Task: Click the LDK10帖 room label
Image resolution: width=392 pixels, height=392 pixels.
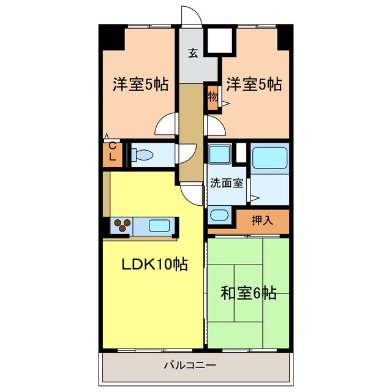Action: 154,265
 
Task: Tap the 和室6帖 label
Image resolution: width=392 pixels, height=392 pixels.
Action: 248,293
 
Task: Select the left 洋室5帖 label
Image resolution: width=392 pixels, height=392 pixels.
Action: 140,84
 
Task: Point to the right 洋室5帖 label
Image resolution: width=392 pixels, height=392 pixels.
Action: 254,84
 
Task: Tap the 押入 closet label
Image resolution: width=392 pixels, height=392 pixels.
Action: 262,221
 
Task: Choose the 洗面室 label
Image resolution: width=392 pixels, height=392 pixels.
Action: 227,183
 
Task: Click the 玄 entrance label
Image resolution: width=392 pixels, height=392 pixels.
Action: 193,53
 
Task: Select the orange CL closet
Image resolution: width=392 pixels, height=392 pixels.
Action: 112,153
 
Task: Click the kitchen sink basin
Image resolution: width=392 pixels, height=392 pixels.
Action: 159,225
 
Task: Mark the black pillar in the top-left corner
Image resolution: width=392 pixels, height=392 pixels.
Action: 112,38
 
